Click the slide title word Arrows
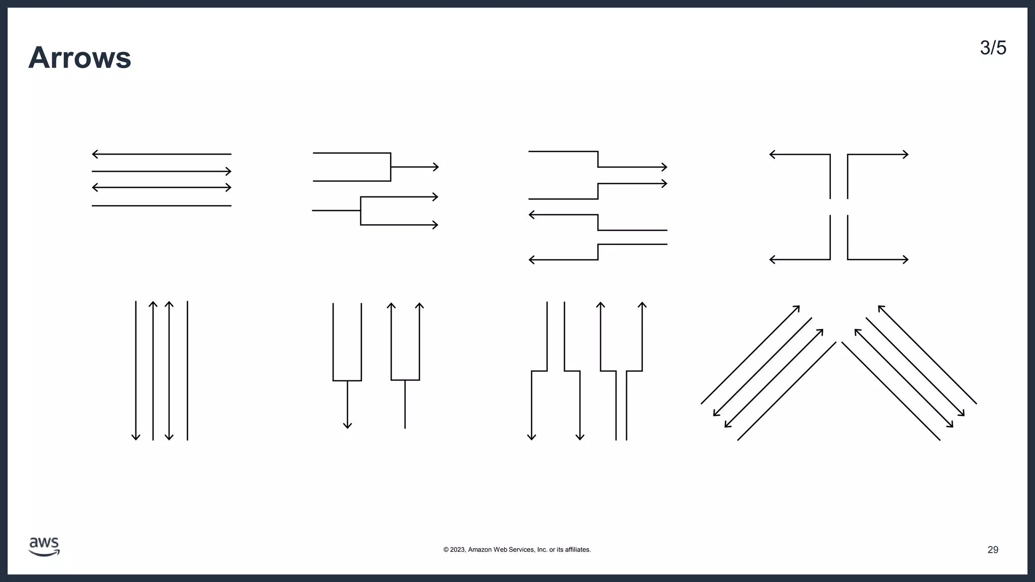coord(80,58)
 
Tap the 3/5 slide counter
coord(993,48)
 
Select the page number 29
coord(993,550)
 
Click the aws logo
coord(44,547)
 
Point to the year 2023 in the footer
coord(457,550)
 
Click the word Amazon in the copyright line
coord(480,550)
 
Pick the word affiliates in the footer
coord(577,550)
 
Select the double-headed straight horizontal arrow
coord(162,187)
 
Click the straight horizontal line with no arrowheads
coord(162,206)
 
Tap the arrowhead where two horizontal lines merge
coord(436,167)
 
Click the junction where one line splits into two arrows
coord(360,210)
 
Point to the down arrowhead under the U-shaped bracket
coord(347,425)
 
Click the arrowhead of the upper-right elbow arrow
coord(906,154)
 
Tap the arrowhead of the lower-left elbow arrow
coord(772,260)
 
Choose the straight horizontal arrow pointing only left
coord(162,154)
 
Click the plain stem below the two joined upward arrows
coord(405,404)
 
